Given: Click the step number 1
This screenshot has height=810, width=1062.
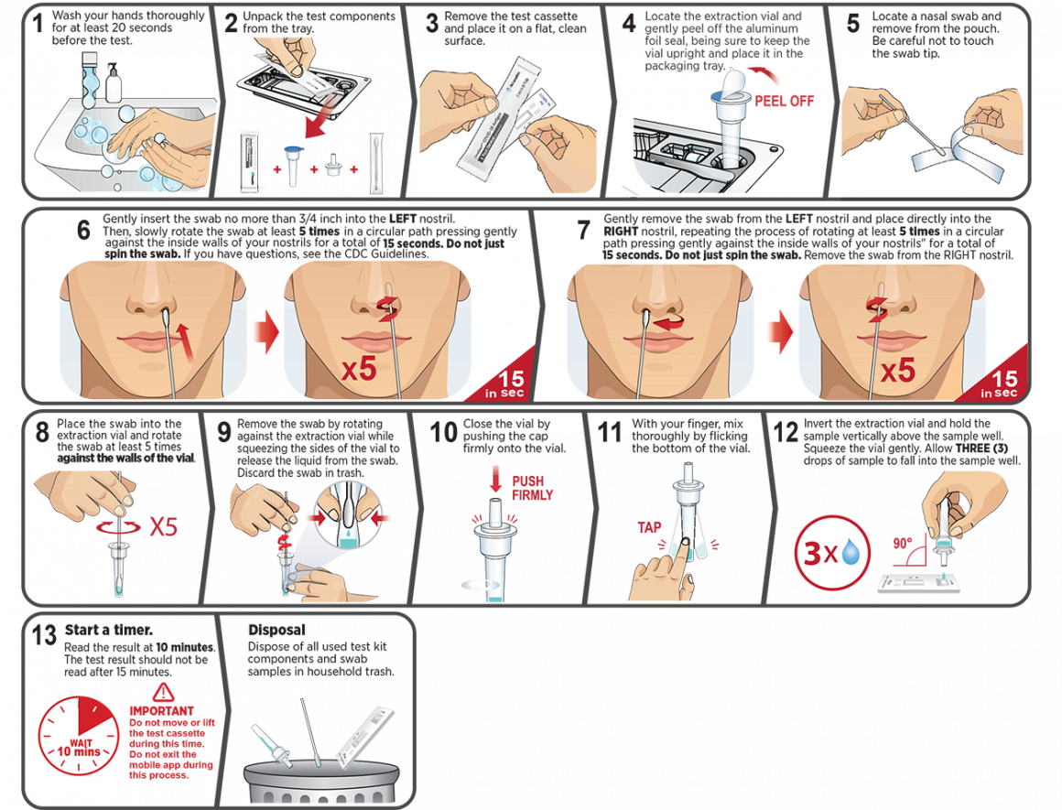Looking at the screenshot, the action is point(38,23).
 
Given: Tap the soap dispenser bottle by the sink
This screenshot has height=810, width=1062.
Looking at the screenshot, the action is point(114,83).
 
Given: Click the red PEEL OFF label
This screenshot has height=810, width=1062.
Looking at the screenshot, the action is point(784,101).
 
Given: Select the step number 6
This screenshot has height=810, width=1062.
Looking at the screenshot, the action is point(83,231).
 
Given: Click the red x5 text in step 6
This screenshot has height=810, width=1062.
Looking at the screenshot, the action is point(358,370).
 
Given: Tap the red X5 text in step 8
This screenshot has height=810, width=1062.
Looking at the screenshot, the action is point(163,526).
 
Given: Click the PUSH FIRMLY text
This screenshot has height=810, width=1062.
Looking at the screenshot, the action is point(532,488).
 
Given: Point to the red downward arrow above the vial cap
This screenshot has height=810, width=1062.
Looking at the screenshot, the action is point(496,478).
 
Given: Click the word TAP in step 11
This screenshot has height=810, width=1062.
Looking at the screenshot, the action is point(649,527).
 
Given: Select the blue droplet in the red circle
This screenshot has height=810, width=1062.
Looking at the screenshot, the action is point(850,551).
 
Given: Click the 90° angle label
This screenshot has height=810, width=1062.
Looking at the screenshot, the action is point(902,543).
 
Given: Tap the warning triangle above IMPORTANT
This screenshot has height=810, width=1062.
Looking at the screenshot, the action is point(163,692).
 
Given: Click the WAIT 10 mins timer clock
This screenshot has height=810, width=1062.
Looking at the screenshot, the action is point(78,736).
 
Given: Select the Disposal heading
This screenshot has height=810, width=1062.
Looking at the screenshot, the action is point(276,630).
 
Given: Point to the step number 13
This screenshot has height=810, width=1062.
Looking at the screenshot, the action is point(44,635).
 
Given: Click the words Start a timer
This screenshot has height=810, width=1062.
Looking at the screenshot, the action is point(108,630).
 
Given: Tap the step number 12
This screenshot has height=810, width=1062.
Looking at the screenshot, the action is point(786,432).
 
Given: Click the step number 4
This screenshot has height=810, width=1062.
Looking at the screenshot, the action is point(629,24).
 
